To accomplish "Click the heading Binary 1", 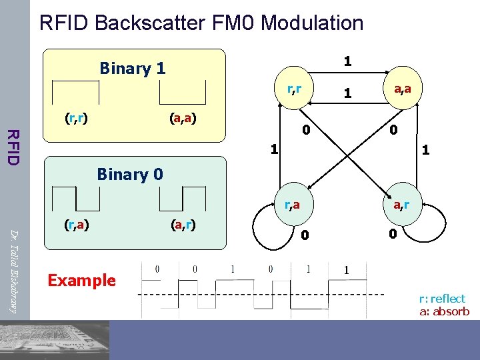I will coord(132,68).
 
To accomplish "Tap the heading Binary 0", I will coord(130,175).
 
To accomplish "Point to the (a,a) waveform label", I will coord(182,119).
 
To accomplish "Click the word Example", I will coord(82,280).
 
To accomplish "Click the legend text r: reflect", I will coord(442,299).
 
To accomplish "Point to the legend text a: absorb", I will coord(444,311).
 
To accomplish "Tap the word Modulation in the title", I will coord(312,23).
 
